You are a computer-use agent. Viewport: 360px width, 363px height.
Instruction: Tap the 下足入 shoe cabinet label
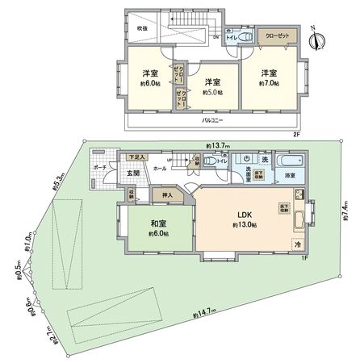(x=137, y=156)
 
